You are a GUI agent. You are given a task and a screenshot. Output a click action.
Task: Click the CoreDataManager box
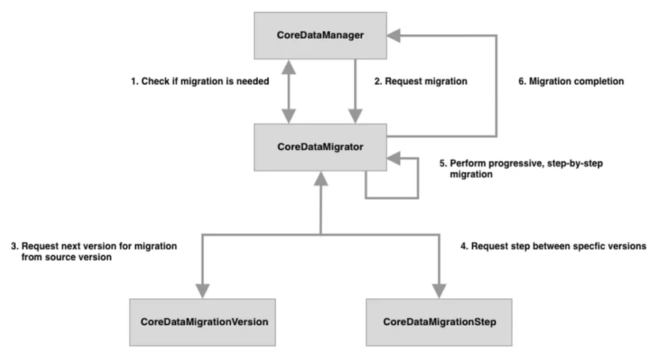tap(320, 36)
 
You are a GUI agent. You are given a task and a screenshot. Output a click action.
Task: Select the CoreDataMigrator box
tap(320, 147)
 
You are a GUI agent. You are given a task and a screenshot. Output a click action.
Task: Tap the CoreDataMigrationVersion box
tap(202, 322)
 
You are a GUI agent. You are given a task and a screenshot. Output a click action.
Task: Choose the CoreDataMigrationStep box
tap(439, 322)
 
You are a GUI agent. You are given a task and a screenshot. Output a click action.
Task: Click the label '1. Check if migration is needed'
tap(200, 81)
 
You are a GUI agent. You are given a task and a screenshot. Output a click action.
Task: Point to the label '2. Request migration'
tap(421, 81)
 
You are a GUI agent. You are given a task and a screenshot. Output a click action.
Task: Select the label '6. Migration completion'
tap(571, 81)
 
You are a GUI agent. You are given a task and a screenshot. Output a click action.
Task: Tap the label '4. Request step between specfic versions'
tap(553, 246)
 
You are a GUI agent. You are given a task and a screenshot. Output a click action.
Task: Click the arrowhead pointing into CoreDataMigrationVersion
tap(202, 291)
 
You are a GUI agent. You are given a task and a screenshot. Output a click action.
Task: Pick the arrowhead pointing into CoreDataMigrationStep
tap(439, 291)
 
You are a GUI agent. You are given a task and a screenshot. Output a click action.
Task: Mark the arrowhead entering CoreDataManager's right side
tap(394, 36)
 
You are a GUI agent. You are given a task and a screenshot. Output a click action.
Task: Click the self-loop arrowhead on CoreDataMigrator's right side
tap(394, 159)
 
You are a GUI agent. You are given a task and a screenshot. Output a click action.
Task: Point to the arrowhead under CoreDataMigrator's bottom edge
tap(321, 178)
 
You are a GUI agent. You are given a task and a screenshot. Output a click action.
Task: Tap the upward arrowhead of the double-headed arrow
tap(289, 67)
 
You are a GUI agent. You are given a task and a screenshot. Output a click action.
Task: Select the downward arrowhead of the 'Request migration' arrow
tap(355, 117)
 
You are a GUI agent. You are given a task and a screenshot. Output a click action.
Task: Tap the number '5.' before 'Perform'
tap(444, 163)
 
